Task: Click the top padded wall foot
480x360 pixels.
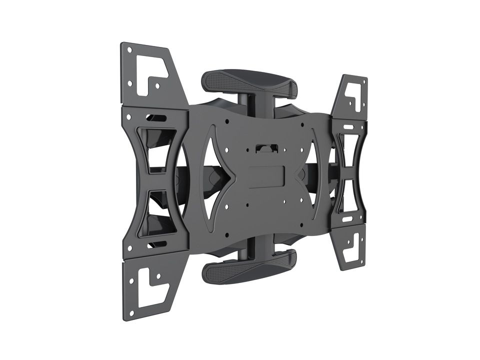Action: point(248,83)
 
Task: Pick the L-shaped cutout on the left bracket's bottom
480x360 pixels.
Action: point(150,287)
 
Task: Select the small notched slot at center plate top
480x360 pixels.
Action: point(266,148)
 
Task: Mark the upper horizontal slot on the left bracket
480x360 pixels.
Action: point(156,118)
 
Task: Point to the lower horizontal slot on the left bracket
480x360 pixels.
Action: point(156,244)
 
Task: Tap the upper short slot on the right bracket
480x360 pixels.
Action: point(348,127)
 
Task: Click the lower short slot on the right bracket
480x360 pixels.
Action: point(347,219)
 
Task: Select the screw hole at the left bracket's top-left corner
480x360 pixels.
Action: point(129,50)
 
